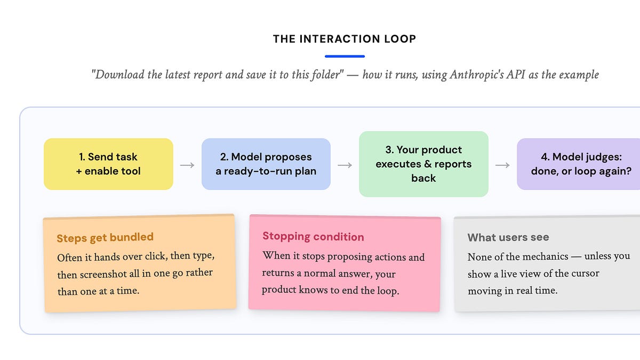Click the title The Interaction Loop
pyautogui.click(x=345, y=39)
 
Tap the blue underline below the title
pyautogui.click(x=345, y=57)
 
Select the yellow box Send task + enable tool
pyautogui.click(x=108, y=164)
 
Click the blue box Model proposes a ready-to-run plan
pyautogui.click(x=266, y=164)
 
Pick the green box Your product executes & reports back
pyautogui.click(x=423, y=164)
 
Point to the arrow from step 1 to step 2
pyautogui.click(x=187, y=165)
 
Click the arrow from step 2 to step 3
pyautogui.click(x=345, y=165)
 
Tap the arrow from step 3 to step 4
pyautogui.click(x=502, y=165)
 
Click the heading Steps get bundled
pyautogui.click(x=105, y=237)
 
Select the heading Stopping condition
pyautogui.click(x=313, y=237)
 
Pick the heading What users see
pyautogui.click(x=508, y=237)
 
